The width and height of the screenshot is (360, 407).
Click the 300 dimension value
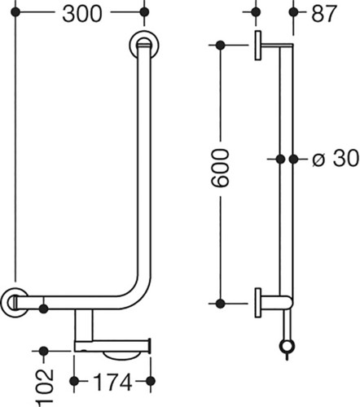click(82, 14)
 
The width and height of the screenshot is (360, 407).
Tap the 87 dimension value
click(324, 14)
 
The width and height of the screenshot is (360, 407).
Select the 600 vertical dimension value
click(220, 168)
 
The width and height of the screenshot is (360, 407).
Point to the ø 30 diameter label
click(336, 159)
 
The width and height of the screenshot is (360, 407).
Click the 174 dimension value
click(112, 382)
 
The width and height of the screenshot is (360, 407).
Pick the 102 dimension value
click(45, 388)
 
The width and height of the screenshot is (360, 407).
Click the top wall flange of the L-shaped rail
click(144, 45)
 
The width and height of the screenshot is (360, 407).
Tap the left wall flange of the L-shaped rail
click(15, 302)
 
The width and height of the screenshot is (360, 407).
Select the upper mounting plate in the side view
click(258, 45)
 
